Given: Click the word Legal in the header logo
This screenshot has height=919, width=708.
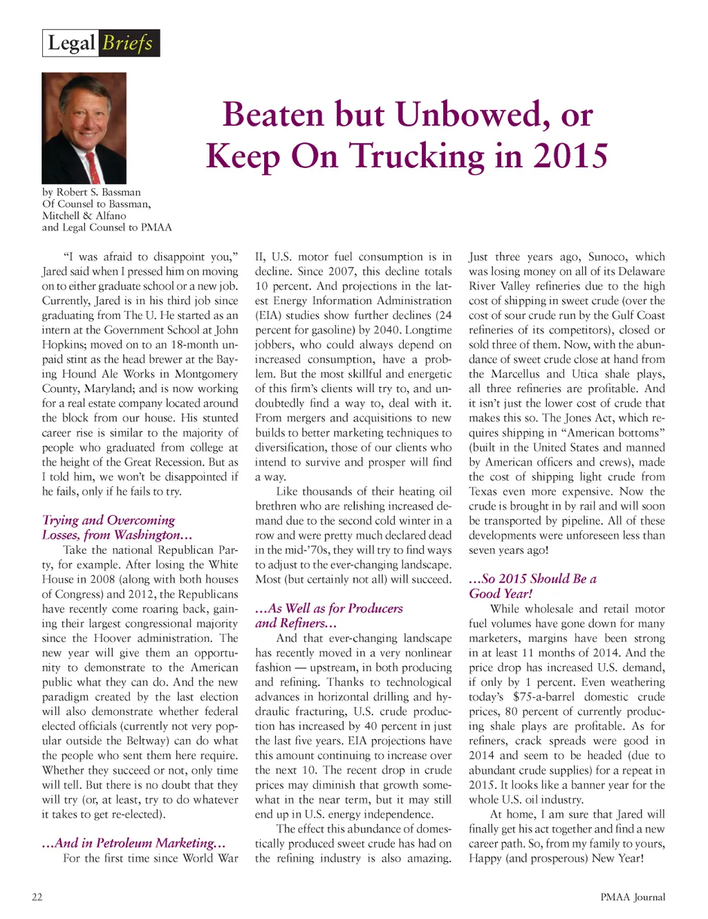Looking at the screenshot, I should (71, 44).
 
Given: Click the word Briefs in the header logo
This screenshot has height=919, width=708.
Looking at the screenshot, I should (128, 44).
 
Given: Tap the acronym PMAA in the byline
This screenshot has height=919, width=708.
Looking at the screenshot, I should (156, 228).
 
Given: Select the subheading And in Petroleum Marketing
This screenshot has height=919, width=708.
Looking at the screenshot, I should (134, 843).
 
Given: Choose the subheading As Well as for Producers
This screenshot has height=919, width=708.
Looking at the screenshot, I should (329, 609).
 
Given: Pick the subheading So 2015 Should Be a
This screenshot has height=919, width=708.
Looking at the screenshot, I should (532, 579).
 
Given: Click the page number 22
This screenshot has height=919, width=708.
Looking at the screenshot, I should (37, 898).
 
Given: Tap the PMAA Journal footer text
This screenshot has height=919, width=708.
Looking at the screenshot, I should (633, 898).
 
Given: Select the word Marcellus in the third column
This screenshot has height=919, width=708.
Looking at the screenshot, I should (516, 374).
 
